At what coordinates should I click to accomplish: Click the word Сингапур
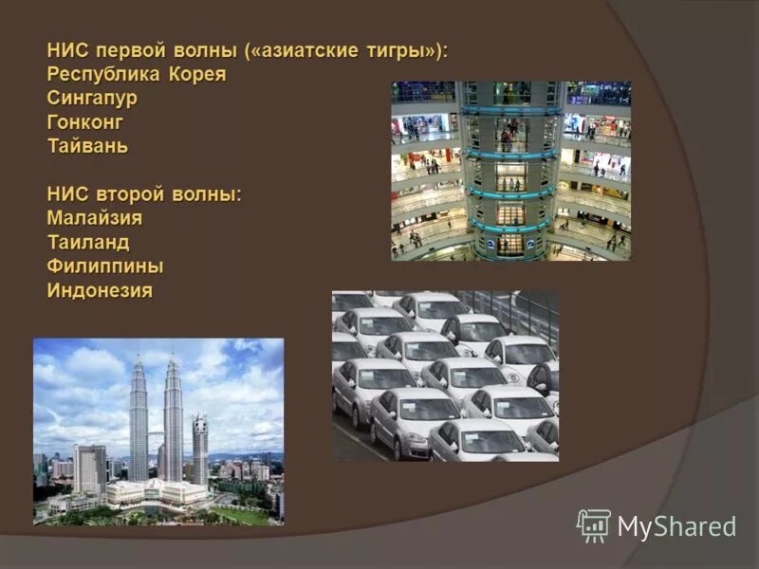pos(92,99)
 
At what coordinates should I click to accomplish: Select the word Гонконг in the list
pos(85,122)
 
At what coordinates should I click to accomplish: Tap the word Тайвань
pos(87,147)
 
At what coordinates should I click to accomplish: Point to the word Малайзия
pos(95,219)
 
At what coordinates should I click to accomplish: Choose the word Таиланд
pos(88,243)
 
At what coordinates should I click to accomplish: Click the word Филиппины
pos(105,266)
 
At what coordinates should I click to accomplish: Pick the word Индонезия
pos(100,291)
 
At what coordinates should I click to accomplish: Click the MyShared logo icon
pos(593,525)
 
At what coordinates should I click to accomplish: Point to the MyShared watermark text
pos(676,527)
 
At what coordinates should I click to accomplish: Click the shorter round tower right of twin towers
pos(200,446)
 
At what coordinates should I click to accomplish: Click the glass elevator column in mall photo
pos(510,171)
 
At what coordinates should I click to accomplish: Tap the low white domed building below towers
pos(157,491)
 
